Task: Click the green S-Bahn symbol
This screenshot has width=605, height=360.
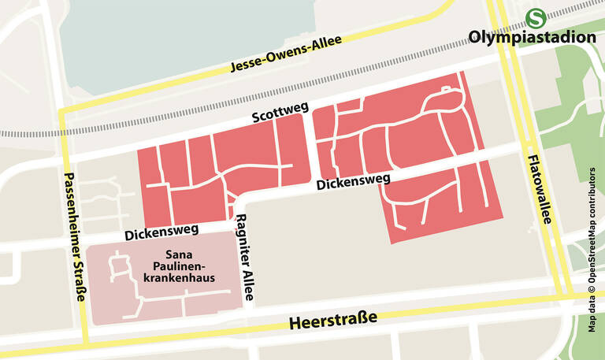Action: pyautogui.click(x=536, y=17)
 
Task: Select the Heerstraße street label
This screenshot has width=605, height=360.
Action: pyautogui.click(x=333, y=321)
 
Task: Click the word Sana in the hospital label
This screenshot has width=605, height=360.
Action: pyautogui.click(x=179, y=254)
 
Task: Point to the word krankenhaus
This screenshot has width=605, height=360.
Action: pyautogui.click(x=180, y=278)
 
